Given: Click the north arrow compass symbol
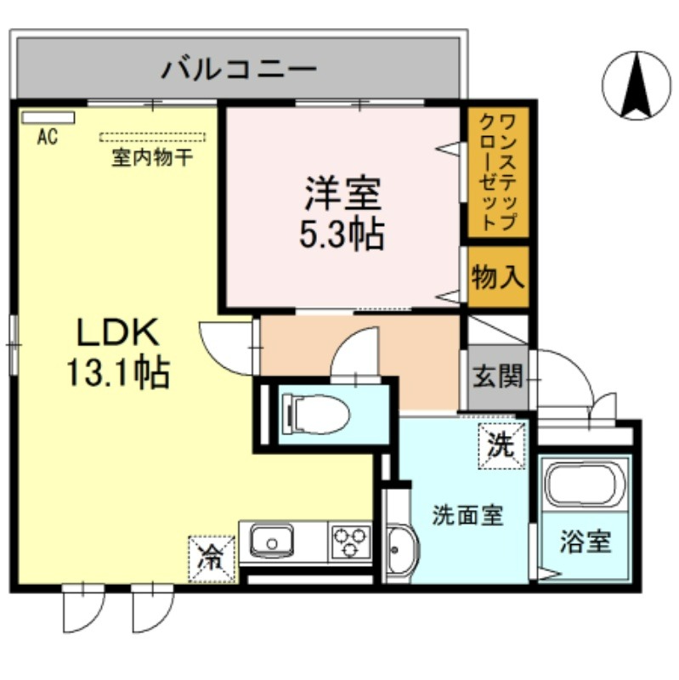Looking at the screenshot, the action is pos(636,86).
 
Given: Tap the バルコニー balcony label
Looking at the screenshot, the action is pos(239,69).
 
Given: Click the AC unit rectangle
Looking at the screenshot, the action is pos(48,118).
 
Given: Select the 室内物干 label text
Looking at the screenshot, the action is pos(152,157).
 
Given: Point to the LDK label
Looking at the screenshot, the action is pos(117,332).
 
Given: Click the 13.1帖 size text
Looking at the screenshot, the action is pos(117,372).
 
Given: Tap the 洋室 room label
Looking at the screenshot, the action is pos(342,194).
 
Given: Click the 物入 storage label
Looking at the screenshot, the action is pos(498,277).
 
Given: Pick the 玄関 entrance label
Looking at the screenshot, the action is pos(498,376).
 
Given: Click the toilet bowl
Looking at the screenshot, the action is pos(315,414).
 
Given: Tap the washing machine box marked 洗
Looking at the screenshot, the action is pos(501,445).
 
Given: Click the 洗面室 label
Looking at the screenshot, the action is pos(468,516).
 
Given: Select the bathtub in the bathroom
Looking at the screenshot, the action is pos(586,484).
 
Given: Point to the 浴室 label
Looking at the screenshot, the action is pos(586,541).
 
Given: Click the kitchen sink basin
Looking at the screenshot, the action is pos(272,541).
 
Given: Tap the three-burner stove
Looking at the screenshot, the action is pos(351,541).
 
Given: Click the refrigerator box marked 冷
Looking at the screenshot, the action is pos(212,559).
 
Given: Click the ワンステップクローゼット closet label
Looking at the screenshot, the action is pos(498,173).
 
